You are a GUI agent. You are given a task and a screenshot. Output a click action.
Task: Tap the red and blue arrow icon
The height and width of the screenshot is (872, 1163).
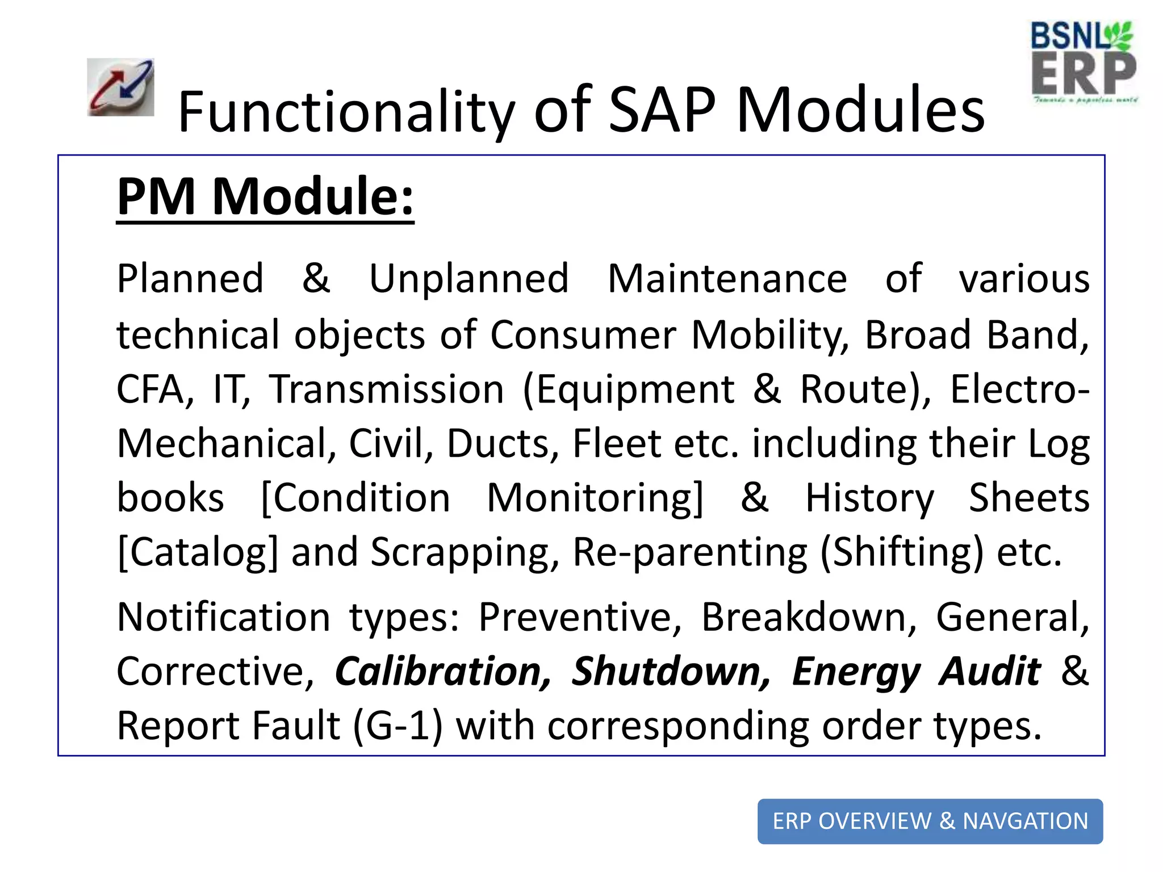click(x=120, y=87)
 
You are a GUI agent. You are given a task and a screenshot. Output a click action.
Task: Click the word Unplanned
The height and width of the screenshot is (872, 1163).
click(x=468, y=279)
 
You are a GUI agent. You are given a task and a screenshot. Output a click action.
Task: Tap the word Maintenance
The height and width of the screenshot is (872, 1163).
click(x=727, y=279)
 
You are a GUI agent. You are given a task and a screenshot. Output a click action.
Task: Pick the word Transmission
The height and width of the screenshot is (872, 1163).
click(x=387, y=389)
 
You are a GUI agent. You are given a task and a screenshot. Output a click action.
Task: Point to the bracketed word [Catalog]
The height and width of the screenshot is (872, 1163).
click(x=198, y=552)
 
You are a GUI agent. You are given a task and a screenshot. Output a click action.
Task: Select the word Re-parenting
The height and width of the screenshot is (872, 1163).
click(x=689, y=552)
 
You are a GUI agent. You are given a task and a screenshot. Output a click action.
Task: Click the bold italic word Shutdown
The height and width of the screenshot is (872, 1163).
click(x=671, y=672)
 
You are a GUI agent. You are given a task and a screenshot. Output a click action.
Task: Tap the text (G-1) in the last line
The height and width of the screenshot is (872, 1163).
click(x=397, y=726)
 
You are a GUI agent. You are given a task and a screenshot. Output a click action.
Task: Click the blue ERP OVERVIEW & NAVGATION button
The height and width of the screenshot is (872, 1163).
click(x=930, y=821)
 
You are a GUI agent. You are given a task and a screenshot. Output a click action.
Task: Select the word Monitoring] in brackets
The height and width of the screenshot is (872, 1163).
click(x=595, y=498)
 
